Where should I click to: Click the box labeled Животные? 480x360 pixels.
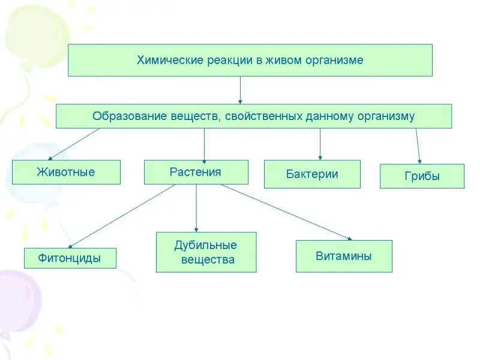pyautogui.click(x=66, y=172)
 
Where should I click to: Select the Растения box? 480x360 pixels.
pyautogui.click(x=196, y=172)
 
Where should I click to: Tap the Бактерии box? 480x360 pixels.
pyautogui.click(x=312, y=175)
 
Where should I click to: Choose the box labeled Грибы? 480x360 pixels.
pyautogui.click(x=422, y=176)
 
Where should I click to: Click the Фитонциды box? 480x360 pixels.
pyautogui.click(x=70, y=259)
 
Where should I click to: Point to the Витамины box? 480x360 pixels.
pyautogui.click(x=344, y=256)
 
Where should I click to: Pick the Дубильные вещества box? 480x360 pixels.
pyautogui.click(x=206, y=253)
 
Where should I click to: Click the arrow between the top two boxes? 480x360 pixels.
pyautogui.click(x=240, y=90)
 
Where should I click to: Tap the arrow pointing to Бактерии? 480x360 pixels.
pyautogui.click(x=320, y=144)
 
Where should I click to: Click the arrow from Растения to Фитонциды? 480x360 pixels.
pyautogui.click(x=120, y=216)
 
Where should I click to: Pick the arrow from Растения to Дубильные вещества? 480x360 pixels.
pyautogui.click(x=196, y=208)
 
